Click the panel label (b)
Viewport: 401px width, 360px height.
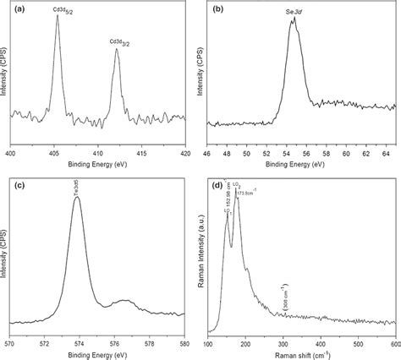tap(217, 7)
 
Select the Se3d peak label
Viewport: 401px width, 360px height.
tap(294, 13)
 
